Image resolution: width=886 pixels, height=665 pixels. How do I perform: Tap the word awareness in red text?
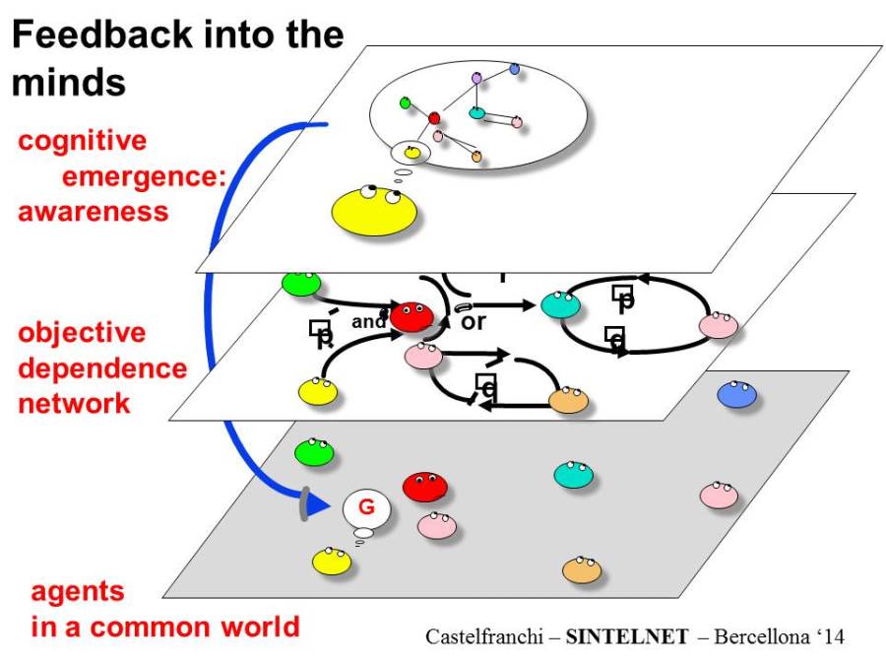tap(93, 211)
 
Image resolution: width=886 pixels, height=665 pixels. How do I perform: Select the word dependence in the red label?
tap(102, 367)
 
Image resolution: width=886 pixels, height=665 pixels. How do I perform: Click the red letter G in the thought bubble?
tap(366, 508)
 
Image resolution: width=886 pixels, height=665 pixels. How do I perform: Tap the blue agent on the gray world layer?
tap(735, 394)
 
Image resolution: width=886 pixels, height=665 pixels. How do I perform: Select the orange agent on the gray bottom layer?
tap(582, 569)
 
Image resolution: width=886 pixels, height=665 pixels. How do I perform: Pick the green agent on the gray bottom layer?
tap(314, 451)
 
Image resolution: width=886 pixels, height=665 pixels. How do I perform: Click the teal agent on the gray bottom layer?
tap(573, 475)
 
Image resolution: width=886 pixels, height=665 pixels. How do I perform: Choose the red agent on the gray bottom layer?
tap(424, 486)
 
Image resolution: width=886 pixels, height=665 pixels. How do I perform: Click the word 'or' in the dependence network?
tap(474, 322)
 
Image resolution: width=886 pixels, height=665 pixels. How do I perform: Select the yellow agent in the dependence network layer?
tap(318, 390)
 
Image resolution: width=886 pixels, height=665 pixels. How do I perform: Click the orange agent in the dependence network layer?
tap(568, 399)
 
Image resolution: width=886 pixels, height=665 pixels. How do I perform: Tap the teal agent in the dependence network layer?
tap(560, 304)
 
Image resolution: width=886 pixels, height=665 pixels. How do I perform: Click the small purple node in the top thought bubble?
tap(476, 77)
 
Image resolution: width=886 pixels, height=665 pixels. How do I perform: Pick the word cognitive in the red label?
tap(82, 141)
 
